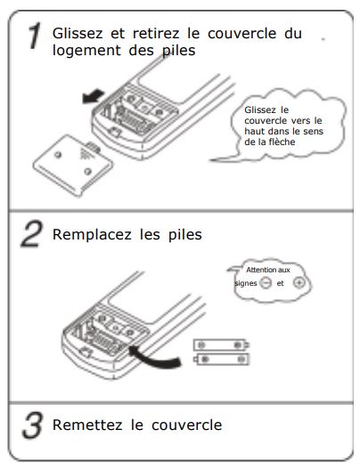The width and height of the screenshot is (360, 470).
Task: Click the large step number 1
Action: [x=36, y=36]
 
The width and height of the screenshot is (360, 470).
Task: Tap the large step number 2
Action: [x=32, y=234]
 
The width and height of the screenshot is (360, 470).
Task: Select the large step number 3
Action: [x=32, y=425]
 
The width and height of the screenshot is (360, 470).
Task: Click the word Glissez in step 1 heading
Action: [x=78, y=33]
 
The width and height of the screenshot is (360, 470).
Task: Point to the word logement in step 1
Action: [x=86, y=51]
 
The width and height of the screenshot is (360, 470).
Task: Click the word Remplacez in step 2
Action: [x=92, y=234]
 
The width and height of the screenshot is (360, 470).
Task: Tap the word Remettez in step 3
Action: [x=87, y=425]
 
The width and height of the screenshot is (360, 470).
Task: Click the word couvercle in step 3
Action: [x=186, y=425]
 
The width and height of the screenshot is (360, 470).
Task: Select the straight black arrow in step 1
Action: [x=93, y=97]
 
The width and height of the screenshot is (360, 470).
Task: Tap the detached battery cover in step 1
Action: [x=73, y=166]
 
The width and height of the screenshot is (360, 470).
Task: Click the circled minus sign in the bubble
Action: [x=266, y=283]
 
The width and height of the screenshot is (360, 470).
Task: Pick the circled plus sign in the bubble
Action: [x=299, y=282]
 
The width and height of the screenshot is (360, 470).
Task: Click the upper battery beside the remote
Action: [x=221, y=345]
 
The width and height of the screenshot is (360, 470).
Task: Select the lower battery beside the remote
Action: [x=221, y=359]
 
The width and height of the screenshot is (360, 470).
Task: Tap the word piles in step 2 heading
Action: [x=185, y=235]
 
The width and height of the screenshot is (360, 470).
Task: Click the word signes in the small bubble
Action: [x=246, y=284]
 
